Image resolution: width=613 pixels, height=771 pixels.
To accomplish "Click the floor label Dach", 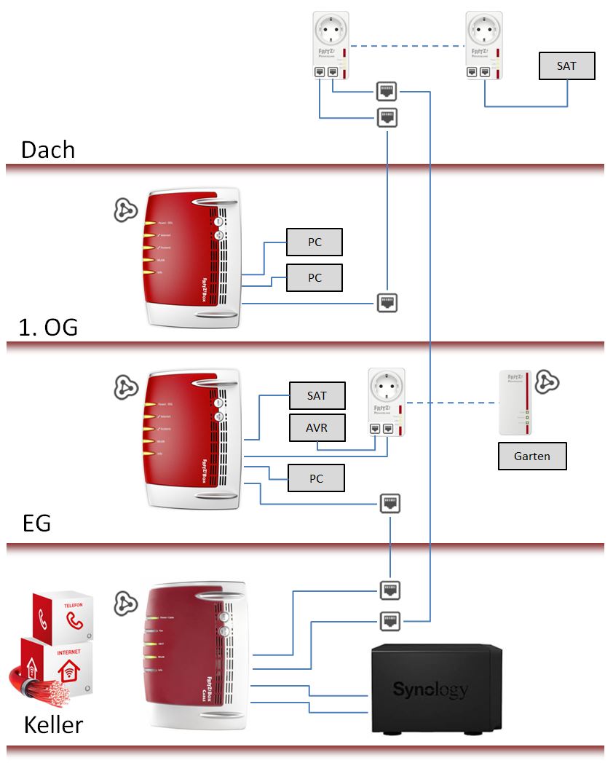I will [x=48, y=149].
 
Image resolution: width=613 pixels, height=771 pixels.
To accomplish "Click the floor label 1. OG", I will [x=48, y=328].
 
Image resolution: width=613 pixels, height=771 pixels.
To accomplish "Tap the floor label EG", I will [x=36, y=523].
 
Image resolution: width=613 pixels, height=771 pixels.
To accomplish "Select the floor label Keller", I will [x=53, y=724].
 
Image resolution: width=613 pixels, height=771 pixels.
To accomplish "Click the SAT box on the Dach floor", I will [x=566, y=66].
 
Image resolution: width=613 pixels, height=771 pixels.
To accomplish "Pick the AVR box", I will [x=317, y=428].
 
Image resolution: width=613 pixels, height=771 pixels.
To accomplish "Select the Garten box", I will [x=531, y=456].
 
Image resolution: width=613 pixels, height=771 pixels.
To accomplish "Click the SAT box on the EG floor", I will [x=317, y=396].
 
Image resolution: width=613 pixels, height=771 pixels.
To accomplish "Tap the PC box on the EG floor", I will [x=316, y=478].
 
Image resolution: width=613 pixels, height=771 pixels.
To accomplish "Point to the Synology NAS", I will [x=435, y=687].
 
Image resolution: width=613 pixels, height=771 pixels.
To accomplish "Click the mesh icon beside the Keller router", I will [x=125, y=604].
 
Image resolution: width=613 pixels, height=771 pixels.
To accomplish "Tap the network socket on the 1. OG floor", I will [x=387, y=302].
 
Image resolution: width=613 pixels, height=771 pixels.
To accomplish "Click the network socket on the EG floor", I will [x=390, y=502].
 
